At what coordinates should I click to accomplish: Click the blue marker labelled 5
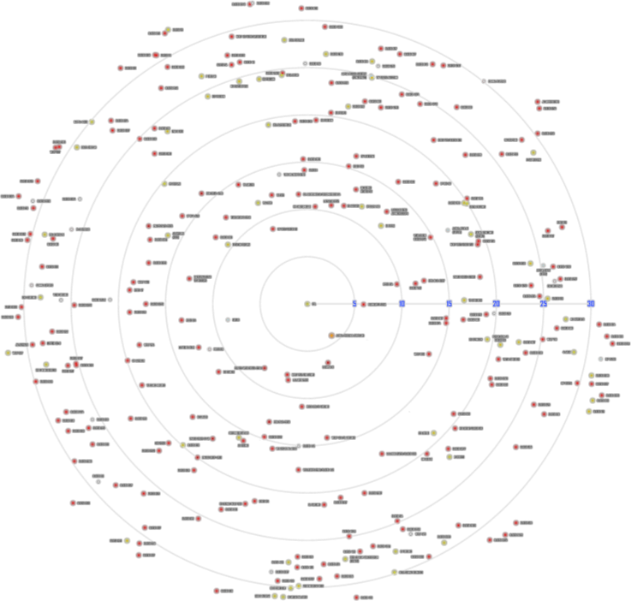354,303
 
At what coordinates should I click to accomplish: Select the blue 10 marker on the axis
402,303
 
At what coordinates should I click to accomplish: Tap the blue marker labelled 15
449,303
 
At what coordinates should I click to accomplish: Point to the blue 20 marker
496,303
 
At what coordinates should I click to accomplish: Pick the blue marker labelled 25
543,303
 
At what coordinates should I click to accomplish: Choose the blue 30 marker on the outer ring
591,303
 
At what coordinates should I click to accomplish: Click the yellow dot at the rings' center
307,303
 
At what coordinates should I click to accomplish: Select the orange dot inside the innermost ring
331,335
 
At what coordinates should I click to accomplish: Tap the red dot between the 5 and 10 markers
364,304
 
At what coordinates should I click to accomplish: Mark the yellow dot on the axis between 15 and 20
464,300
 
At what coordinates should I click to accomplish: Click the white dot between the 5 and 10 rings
229,319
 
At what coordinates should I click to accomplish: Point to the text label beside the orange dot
349,335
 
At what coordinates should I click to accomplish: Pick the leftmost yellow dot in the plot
8,353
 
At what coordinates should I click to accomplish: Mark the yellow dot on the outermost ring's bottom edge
283,596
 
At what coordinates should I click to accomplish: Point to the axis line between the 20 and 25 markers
520,303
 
